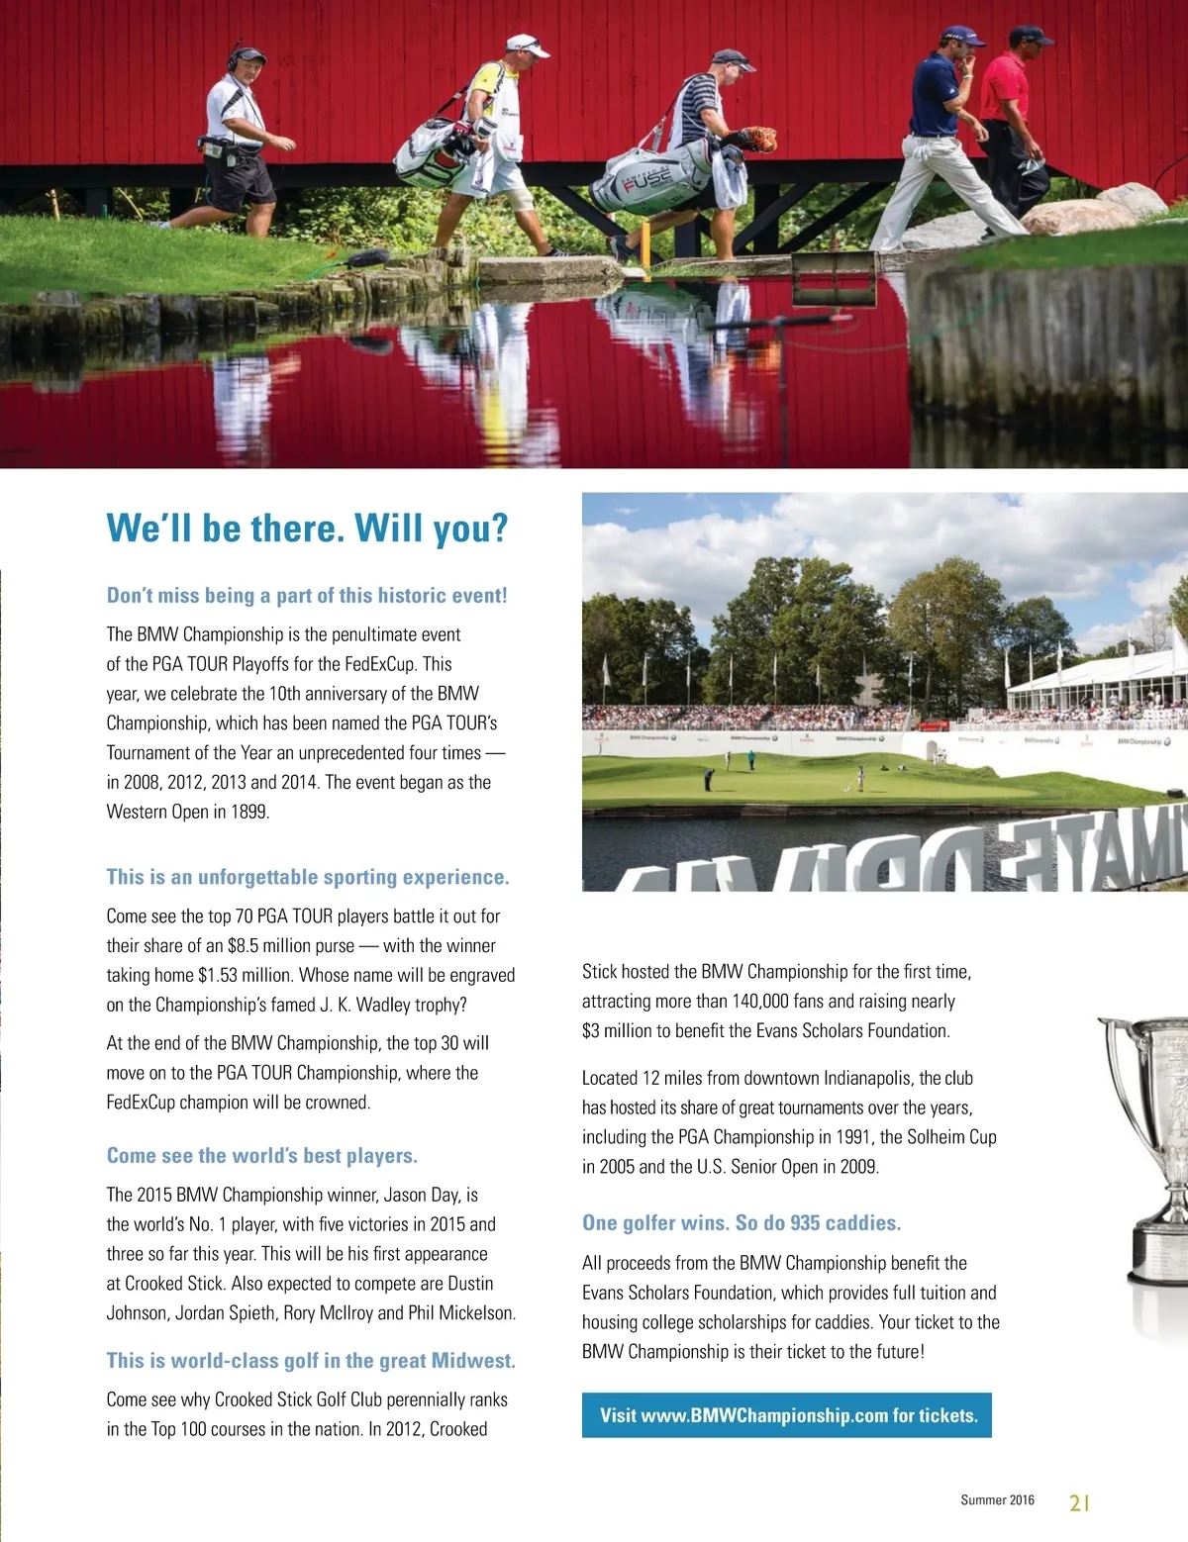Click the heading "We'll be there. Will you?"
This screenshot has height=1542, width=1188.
tap(307, 528)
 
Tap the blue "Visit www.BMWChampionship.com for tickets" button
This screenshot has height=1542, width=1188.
tap(787, 1415)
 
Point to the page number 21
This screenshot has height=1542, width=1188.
tap(1079, 1502)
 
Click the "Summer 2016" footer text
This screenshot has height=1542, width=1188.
tap(997, 1500)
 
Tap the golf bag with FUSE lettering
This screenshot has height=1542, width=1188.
tap(649, 177)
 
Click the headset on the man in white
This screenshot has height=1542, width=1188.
tap(237, 54)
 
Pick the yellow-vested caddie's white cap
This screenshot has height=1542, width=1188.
tap(526, 45)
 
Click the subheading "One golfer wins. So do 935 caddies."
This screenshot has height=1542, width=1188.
tap(742, 1223)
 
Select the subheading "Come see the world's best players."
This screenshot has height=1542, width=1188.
tap(262, 1156)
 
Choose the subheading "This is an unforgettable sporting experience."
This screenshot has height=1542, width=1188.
tap(308, 877)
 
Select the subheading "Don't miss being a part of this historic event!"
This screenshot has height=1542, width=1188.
tap(307, 596)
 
